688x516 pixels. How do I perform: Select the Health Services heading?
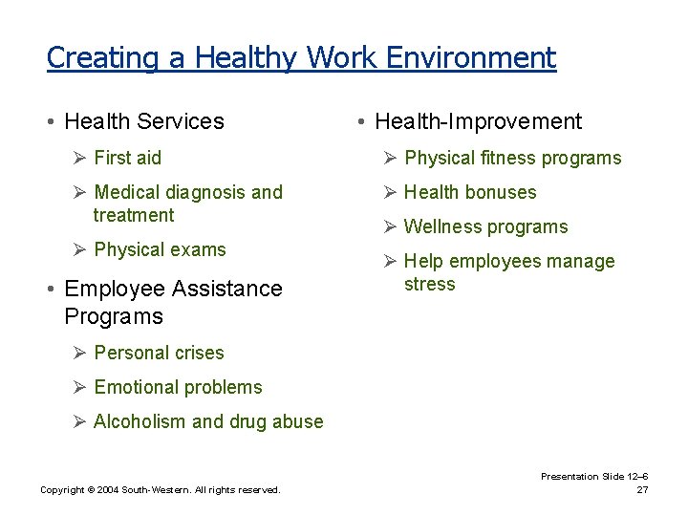click(143, 121)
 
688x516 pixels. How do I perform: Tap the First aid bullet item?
click(127, 158)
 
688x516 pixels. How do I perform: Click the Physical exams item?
click(160, 249)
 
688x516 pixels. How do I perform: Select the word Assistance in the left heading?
click(228, 289)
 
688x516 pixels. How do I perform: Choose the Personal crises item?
click(159, 353)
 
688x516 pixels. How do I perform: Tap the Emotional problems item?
click(178, 387)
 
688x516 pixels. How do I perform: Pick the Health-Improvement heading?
click(478, 121)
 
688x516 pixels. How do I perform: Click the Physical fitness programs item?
click(512, 158)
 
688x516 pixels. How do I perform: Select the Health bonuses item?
click(470, 192)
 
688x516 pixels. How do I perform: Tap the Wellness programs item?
click(485, 226)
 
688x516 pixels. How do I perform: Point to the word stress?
click(430, 284)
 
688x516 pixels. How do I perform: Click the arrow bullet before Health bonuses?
click(389, 192)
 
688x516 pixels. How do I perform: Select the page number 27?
click(642, 490)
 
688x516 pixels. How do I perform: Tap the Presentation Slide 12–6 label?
click(594, 476)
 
